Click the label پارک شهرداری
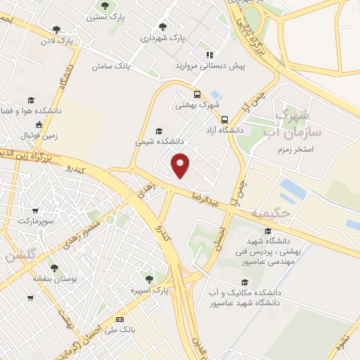pyautogui.click(x=162, y=39)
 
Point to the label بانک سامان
pyautogui.click(x=111, y=67)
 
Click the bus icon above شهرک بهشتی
pyautogui.click(x=197, y=94)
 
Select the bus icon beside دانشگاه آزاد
pyautogui.click(x=224, y=120)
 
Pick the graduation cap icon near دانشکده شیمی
pyautogui.click(x=158, y=131)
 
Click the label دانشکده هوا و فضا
pyautogui.click(x=31, y=111)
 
